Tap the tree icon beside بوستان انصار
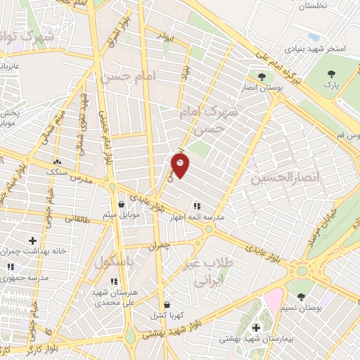pyautogui.click(x=262, y=76)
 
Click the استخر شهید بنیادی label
pyautogui.click(x=314, y=50)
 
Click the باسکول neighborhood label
pyautogui.click(x=115, y=262)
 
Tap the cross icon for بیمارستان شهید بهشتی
pyautogui.click(x=256, y=328)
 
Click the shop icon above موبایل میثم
pyautogui.click(x=121, y=204)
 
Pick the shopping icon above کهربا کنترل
pyautogui.click(x=166, y=304)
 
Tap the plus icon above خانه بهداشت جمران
pyautogui.click(x=32, y=240)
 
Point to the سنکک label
pyautogui.click(x=56, y=171)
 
